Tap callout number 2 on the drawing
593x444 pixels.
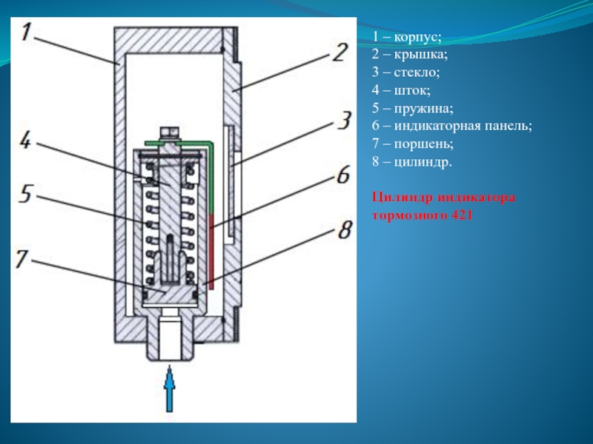click(x=338, y=53)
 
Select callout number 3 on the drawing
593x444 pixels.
click(x=343, y=121)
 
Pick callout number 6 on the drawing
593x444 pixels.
click(x=342, y=175)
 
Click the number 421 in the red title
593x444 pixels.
click(x=460, y=215)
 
